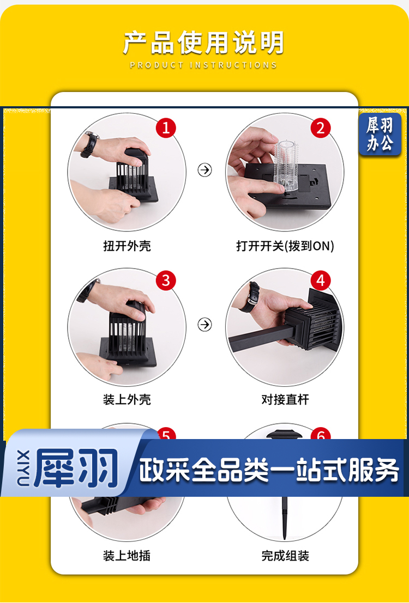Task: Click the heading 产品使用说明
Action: [x=203, y=42]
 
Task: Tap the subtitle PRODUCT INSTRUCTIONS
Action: [x=203, y=65]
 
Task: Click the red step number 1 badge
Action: [x=166, y=128]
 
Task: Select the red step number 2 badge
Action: [x=321, y=128]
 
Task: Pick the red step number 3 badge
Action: [x=166, y=281]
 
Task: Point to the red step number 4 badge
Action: [x=321, y=281]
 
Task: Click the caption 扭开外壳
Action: [x=127, y=246]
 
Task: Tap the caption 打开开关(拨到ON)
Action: [x=285, y=246]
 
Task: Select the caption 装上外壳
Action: [x=127, y=400]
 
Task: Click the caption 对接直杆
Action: [x=285, y=400]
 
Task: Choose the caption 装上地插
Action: [x=127, y=555]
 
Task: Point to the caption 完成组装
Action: [x=285, y=555]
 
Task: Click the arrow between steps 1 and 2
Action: [x=205, y=169]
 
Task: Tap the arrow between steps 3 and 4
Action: [x=205, y=324]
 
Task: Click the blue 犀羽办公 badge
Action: [x=380, y=134]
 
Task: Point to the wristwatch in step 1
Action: [x=90, y=144]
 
